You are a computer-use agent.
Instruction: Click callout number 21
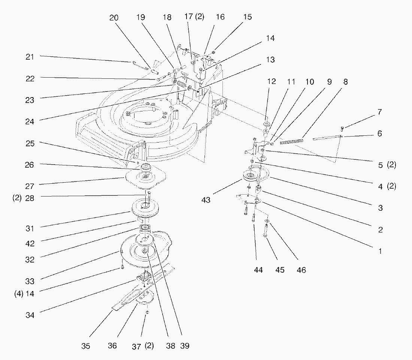pyautogui.click(x=30, y=57)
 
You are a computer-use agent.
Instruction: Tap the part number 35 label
pyautogui.click(x=86, y=346)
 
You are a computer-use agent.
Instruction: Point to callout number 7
pyautogui.click(x=379, y=112)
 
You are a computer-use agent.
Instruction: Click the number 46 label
pyautogui.click(x=301, y=270)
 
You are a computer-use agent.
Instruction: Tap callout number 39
pyautogui.click(x=185, y=346)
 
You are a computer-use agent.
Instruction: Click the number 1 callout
pyautogui.click(x=380, y=252)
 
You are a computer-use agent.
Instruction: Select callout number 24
pyautogui.click(x=30, y=121)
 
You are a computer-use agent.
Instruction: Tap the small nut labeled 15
pyautogui.click(x=213, y=51)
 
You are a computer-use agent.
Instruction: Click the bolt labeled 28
pyautogui.click(x=149, y=195)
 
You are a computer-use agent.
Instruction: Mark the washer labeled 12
pyautogui.click(x=267, y=124)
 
